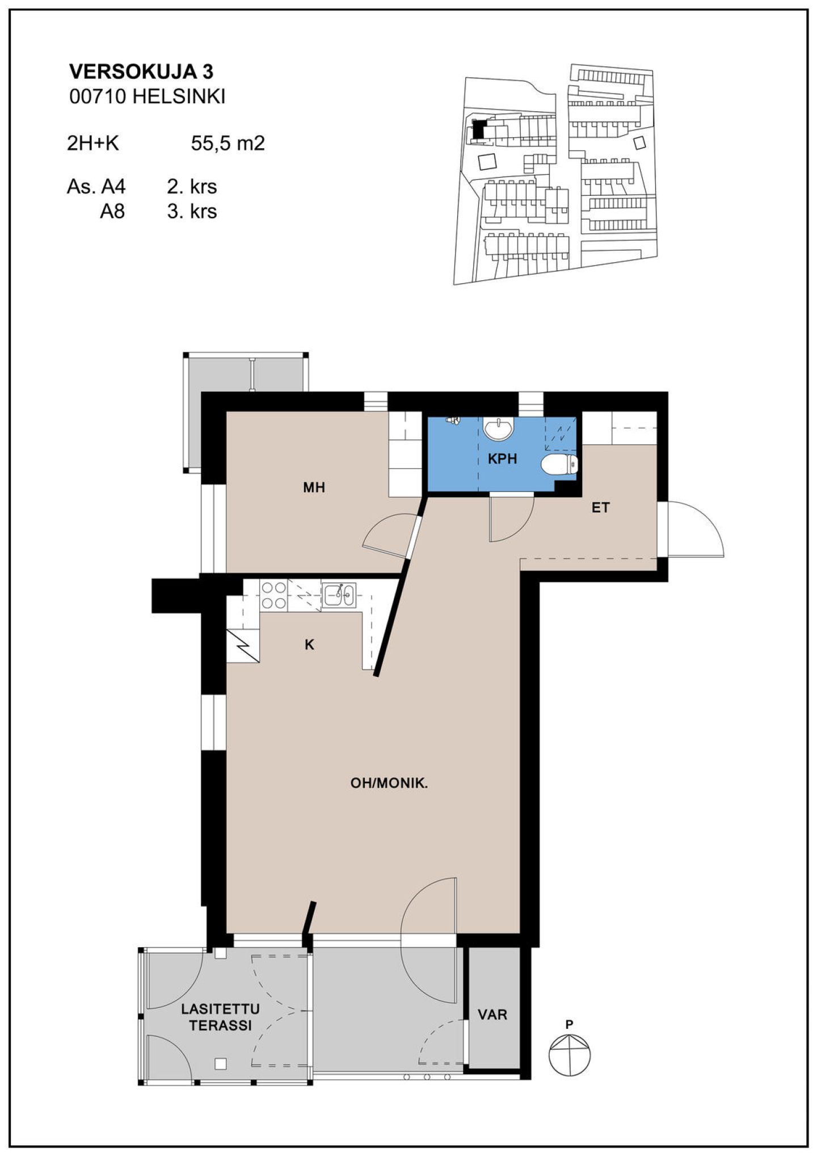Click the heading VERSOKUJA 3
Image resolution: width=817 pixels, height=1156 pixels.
(x=141, y=72)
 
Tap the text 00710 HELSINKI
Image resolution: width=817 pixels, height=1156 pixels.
(x=147, y=97)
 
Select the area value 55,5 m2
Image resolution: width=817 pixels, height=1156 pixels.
(x=228, y=144)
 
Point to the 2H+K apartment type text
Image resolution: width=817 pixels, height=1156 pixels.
(x=93, y=144)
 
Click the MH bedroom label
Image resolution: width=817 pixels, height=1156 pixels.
(x=314, y=487)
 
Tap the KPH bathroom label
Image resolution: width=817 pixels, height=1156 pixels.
(x=503, y=459)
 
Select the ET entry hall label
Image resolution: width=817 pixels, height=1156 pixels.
(x=600, y=507)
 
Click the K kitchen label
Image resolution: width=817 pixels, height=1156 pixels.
(x=309, y=645)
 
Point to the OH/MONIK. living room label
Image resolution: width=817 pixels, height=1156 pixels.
(x=389, y=783)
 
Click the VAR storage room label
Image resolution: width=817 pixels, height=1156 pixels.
(x=492, y=1014)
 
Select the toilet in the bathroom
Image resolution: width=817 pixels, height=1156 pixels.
(x=559, y=464)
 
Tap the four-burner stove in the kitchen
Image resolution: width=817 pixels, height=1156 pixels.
(x=273, y=595)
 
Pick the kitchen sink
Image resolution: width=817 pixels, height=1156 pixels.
(x=339, y=595)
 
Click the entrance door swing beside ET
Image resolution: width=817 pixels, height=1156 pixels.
(x=696, y=529)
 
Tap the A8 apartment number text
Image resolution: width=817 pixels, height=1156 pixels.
(x=112, y=211)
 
